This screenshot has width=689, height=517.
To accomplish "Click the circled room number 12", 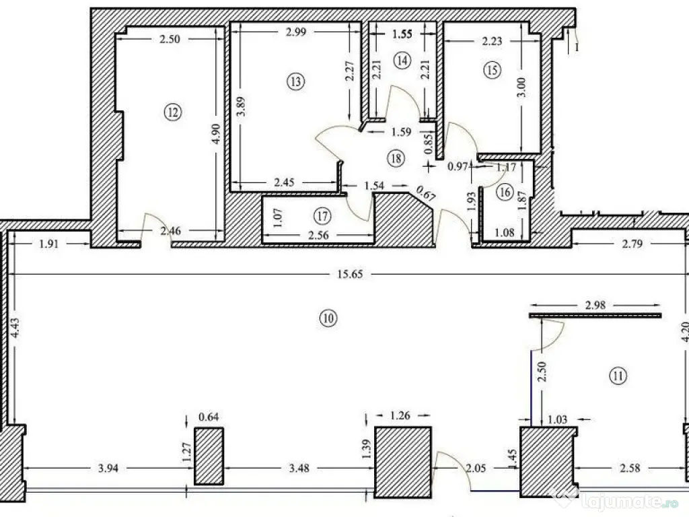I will (173, 113).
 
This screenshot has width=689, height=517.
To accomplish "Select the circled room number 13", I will (295, 81).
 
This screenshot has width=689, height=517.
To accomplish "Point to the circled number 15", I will (493, 69).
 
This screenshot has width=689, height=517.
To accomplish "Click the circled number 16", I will (506, 192).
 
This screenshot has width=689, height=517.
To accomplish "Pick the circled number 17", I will (322, 216).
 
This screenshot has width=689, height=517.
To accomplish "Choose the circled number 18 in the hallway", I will (395, 158).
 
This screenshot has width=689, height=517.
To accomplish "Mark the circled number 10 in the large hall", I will (328, 318).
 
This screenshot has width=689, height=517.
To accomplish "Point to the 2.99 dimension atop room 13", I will (297, 33).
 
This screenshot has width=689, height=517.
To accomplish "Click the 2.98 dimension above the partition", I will (594, 305).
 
